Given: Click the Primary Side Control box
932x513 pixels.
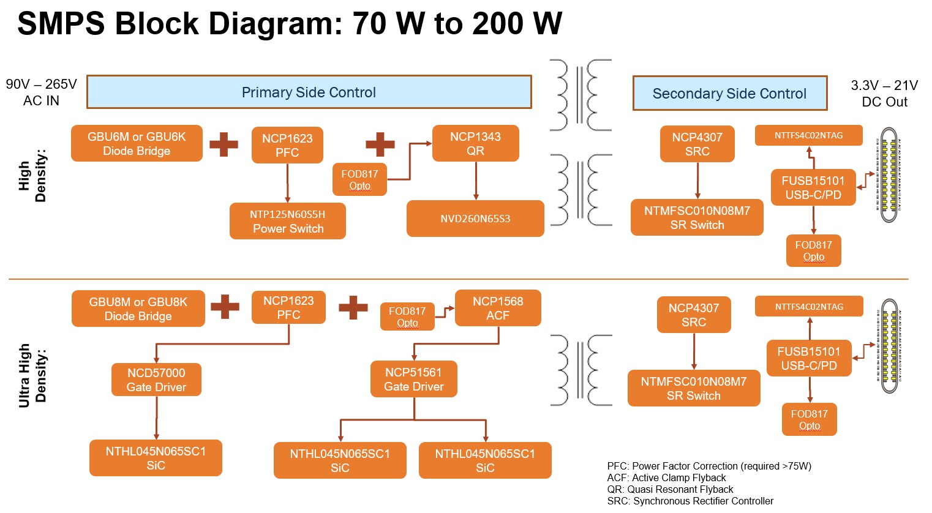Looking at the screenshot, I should (x=309, y=92).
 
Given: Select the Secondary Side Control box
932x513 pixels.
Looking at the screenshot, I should (x=729, y=94).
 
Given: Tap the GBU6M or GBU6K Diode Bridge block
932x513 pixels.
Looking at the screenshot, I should (x=137, y=143).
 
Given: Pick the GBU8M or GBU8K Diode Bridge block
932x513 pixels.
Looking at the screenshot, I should (x=138, y=309).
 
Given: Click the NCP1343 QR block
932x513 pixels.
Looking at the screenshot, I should (x=475, y=144).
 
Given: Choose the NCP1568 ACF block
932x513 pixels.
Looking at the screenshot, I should (x=498, y=308).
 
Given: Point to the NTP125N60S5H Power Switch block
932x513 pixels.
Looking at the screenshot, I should (x=288, y=221).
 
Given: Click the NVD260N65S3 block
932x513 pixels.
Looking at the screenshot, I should (x=475, y=219).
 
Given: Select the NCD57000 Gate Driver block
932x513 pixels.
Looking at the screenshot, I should (x=156, y=380).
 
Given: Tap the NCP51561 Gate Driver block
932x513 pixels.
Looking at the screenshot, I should (x=414, y=379).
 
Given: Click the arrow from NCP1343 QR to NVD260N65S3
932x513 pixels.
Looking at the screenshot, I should (x=476, y=181).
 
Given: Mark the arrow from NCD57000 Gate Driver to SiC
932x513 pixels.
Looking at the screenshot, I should (x=157, y=418).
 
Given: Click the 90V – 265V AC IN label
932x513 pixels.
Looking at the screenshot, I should (x=41, y=92).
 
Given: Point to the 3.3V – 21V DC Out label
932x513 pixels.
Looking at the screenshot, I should (x=884, y=94).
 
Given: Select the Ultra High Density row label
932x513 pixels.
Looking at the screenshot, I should (x=32, y=375).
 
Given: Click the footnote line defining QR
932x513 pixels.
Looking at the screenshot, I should (x=670, y=489).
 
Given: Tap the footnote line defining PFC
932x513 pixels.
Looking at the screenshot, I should (x=708, y=466).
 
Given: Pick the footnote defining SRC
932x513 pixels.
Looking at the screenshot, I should (x=690, y=501).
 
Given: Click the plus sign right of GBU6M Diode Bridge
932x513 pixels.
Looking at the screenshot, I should (x=224, y=144).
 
